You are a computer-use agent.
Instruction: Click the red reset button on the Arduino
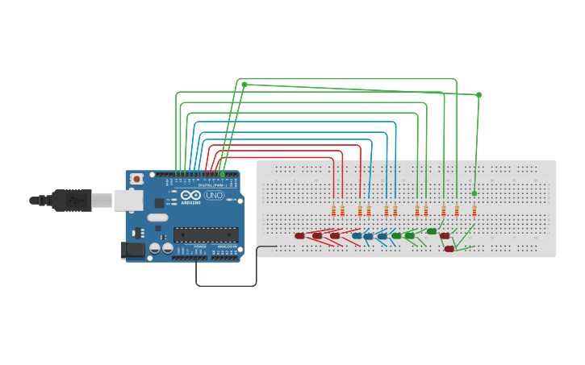(137, 179)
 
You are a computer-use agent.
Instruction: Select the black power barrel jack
(132, 251)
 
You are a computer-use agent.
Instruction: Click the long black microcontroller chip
(206, 234)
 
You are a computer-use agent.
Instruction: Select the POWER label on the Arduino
(200, 246)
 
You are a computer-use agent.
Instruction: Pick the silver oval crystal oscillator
(158, 217)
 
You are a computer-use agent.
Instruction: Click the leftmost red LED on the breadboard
(299, 236)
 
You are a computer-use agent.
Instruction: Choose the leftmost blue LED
(356, 236)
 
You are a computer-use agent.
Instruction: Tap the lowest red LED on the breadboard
(449, 249)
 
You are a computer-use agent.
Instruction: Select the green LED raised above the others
(432, 231)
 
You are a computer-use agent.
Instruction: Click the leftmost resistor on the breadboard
(333, 211)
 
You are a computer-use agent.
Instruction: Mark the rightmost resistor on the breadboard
(474, 211)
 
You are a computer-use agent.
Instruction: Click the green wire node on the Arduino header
(223, 174)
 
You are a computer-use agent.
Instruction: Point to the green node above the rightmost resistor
(474, 193)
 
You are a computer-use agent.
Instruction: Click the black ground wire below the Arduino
(226, 285)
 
